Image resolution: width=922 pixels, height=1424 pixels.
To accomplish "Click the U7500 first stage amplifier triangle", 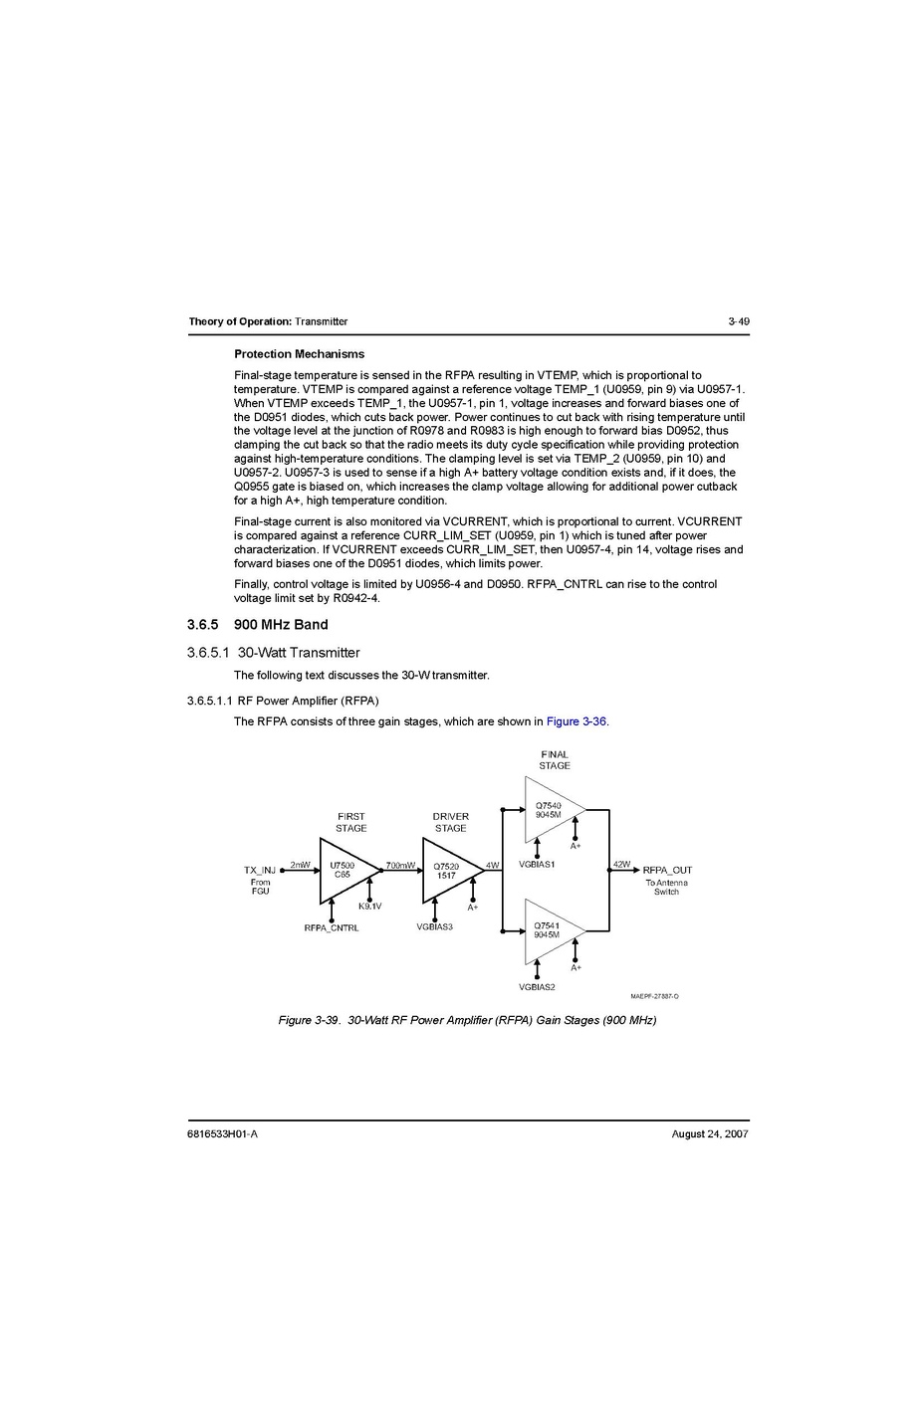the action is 349,871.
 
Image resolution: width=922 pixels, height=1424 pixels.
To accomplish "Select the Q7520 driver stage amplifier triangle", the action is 453,871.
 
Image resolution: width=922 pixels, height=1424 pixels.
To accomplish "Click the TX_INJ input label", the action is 260,870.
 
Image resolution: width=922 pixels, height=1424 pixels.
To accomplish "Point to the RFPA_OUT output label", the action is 667,870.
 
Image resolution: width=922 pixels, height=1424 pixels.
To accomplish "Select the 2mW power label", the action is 300,865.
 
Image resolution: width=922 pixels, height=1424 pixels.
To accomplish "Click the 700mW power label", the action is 400,865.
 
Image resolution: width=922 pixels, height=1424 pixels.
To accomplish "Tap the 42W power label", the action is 621,865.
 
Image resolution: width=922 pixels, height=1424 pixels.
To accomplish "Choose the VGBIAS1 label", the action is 537,865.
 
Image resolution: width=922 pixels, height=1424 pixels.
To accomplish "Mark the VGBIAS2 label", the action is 537,986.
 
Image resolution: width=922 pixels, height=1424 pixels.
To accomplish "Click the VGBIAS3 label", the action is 435,926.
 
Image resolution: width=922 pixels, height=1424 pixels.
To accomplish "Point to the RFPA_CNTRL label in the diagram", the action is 332,927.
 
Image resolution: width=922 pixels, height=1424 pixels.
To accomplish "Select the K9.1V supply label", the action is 369,906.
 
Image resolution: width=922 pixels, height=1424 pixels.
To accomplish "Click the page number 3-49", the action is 738,321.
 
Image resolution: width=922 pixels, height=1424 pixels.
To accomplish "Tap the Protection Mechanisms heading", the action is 299,354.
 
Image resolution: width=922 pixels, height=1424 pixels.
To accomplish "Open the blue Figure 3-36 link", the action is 576,721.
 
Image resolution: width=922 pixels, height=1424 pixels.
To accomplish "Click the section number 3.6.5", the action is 203,624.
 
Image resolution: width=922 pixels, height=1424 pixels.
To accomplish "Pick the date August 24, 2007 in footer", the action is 710,1134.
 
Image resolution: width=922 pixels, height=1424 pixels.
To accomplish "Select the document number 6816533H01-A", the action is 223,1134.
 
